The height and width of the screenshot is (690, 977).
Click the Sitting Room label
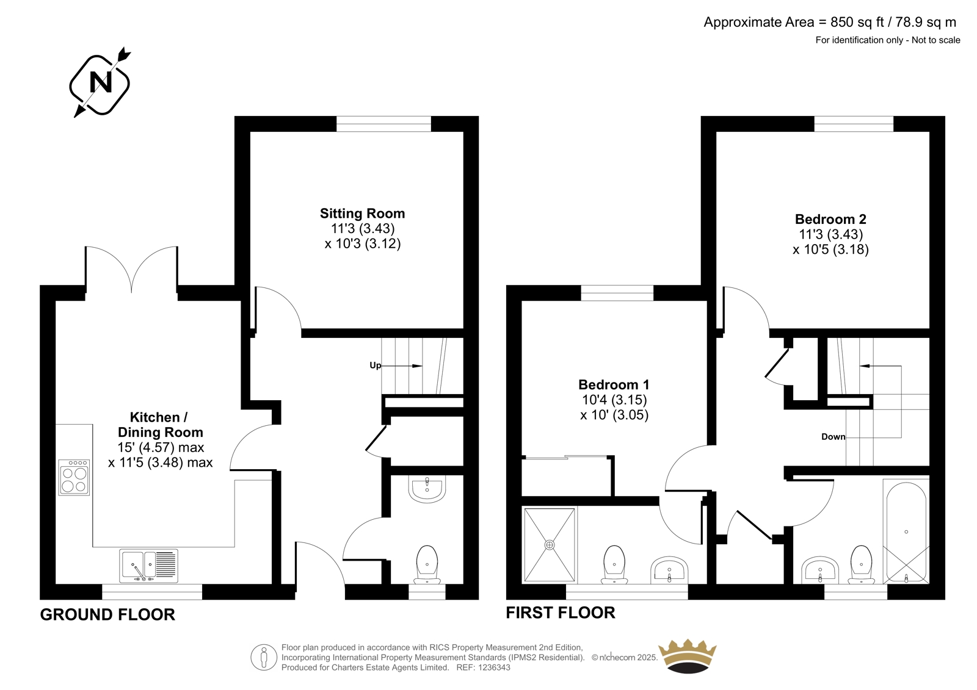click(x=362, y=213)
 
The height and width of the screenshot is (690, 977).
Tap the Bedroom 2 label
click(x=830, y=219)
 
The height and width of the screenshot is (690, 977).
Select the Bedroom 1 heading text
click(x=614, y=384)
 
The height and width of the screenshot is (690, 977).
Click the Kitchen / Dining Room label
click(x=160, y=425)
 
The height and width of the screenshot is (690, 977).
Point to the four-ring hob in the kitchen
click(x=74, y=477)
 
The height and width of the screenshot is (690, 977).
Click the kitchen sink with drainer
click(x=149, y=566)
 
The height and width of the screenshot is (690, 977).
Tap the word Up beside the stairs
click(x=375, y=365)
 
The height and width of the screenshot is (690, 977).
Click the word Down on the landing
click(x=833, y=437)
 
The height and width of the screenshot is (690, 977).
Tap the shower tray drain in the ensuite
click(x=550, y=544)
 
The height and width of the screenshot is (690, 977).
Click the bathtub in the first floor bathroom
click(x=906, y=531)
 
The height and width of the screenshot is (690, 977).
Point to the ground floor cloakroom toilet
click(x=427, y=564)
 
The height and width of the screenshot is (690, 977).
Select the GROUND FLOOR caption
click(x=107, y=614)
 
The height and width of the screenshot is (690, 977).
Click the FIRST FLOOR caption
click(x=561, y=613)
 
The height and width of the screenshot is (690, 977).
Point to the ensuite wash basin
click(x=669, y=570)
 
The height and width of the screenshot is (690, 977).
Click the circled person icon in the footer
click(x=264, y=657)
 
